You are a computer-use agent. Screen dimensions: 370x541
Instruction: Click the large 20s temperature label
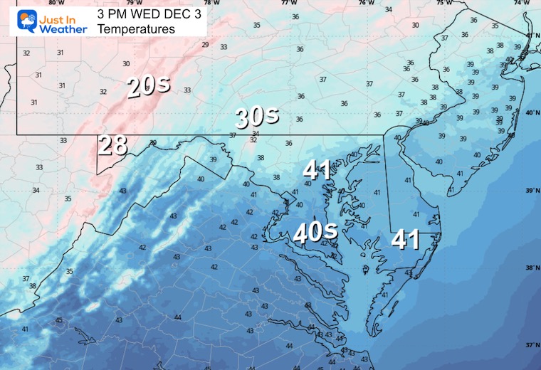149,86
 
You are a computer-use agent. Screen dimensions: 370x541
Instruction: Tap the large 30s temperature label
256,117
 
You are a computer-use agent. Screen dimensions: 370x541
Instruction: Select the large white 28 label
113,145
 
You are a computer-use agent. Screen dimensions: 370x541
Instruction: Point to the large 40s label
316,233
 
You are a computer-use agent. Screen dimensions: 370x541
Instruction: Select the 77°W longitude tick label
288,3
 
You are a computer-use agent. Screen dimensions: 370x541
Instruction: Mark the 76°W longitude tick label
366,3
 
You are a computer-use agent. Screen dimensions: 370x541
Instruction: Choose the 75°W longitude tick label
443,3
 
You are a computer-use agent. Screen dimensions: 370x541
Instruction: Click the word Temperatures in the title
136,29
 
